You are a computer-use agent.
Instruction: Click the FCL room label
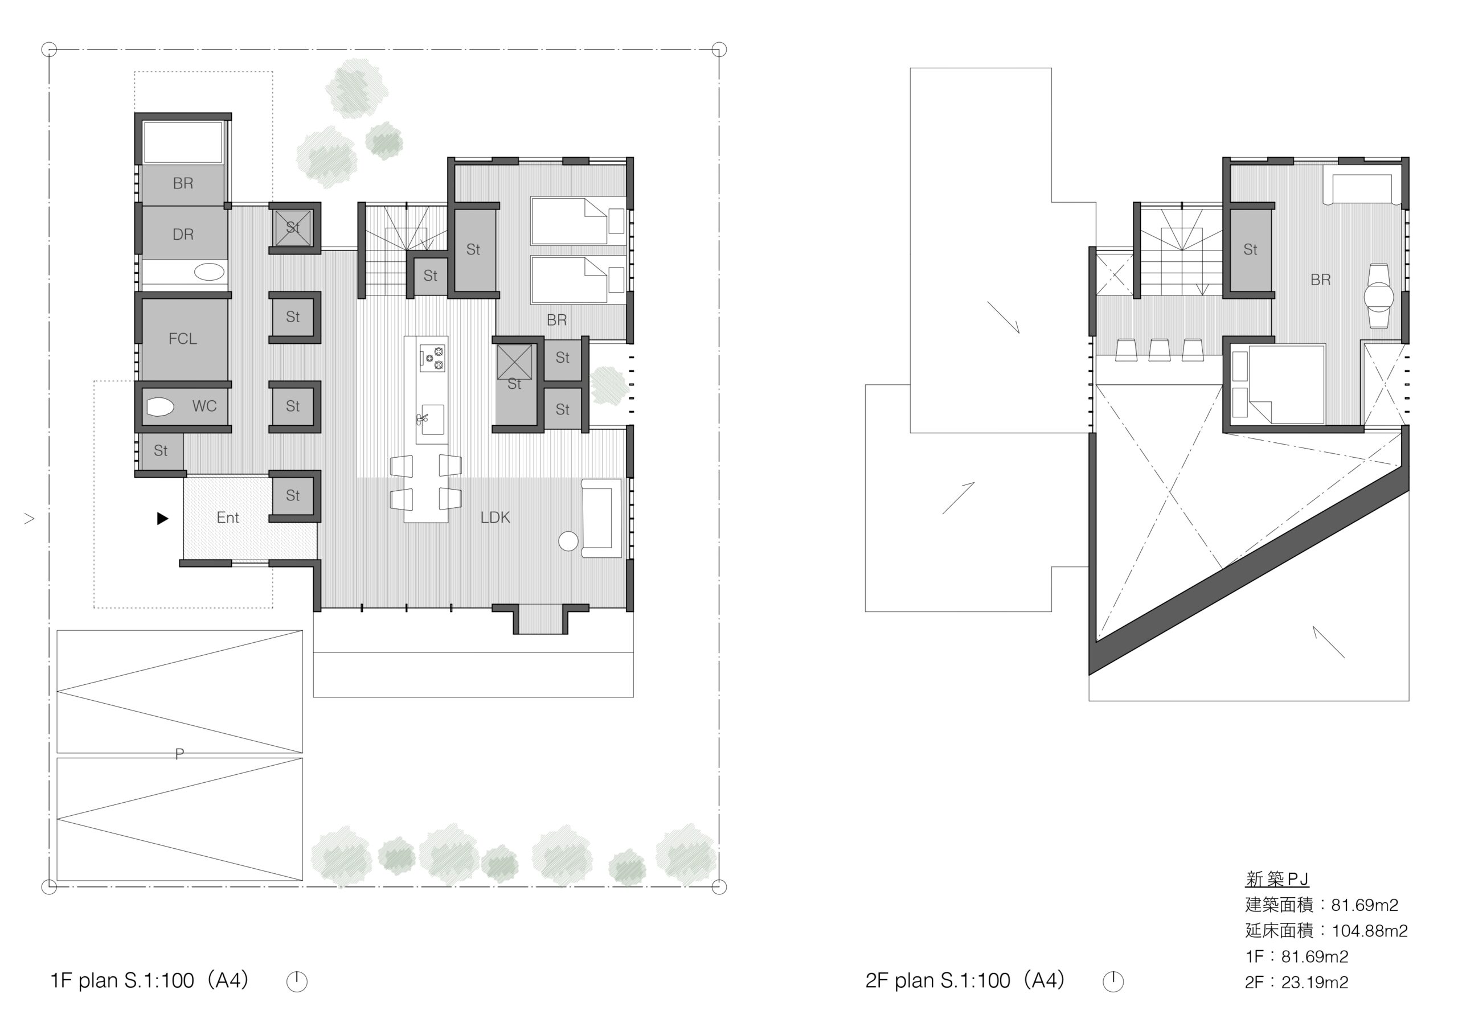coord(183,339)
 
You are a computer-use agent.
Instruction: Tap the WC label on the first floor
coord(204,406)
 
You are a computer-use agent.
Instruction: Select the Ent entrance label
coord(227,518)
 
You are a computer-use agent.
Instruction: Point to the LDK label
coord(495,518)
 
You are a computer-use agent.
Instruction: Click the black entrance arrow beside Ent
coord(162,519)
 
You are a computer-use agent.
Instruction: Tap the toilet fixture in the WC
coord(159,407)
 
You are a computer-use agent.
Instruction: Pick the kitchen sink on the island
coord(432,420)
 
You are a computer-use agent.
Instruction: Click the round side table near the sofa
coord(568,541)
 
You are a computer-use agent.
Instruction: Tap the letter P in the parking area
coord(180,754)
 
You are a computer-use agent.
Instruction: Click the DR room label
coord(183,235)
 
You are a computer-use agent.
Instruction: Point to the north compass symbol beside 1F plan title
coord(297,981)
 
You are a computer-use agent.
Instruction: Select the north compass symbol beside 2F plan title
coord(1113,981)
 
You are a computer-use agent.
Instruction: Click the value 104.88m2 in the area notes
coord(1370,931)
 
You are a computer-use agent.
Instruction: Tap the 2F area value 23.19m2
coord(1314,983)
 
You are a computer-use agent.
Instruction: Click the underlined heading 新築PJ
coord(1277,879)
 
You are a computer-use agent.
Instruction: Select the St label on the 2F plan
coord(1250,250)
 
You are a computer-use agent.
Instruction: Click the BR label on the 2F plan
coord(1321,280)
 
